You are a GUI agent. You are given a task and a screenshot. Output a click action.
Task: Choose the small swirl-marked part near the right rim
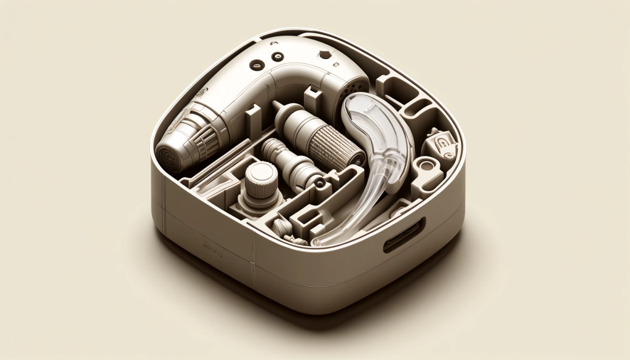point(445,143)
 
